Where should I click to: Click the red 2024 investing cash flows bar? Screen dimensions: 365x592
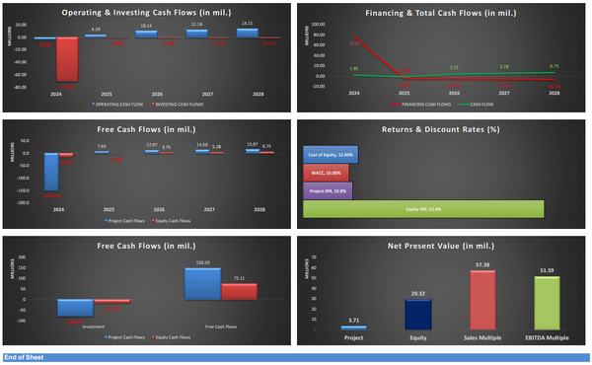pos(68,59)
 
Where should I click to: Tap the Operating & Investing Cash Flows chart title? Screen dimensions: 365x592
pos(148,12)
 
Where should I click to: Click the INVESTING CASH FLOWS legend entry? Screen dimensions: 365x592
pos(178,102)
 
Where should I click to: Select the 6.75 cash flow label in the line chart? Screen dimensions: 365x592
pos(554,66)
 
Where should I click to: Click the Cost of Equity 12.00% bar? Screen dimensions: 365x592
pos(331,155)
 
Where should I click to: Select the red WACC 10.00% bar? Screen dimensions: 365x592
pos(327,173)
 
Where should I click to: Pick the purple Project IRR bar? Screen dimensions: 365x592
pos(328,190)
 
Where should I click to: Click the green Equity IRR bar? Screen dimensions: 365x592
pos(424,208)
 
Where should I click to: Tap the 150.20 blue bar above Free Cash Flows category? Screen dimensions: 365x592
pos(202,284)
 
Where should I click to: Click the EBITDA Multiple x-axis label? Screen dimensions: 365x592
pos(546,336)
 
